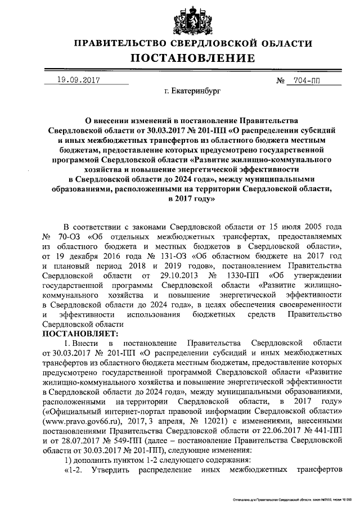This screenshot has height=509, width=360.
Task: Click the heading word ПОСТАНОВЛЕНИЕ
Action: point(193,58)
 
